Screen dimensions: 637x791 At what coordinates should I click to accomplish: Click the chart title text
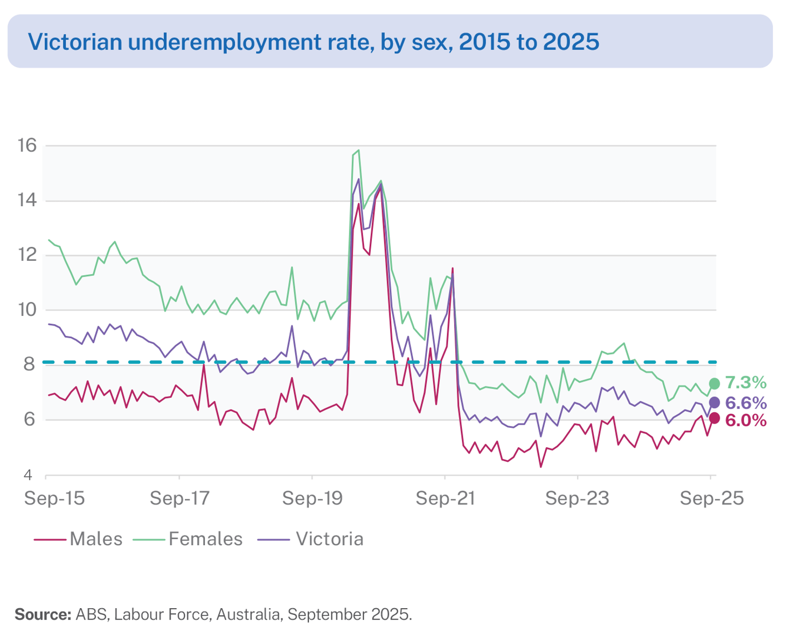(x=313, y=42)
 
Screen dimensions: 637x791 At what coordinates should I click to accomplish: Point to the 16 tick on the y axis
(x=27, y=146)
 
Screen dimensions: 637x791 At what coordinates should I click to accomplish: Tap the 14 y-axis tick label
(x=27, y=200)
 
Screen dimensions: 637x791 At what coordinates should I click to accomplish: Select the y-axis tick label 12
(x=27, y=255)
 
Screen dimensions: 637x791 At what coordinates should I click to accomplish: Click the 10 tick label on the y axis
(x=27, y=310)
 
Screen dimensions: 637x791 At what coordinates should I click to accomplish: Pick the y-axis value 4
(x=29, y=474)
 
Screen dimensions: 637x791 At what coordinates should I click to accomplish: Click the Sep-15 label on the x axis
(x=54, y=498)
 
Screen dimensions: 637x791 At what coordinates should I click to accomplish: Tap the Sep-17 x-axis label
(x=179, y=498)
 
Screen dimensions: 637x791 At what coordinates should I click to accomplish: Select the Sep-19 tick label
(x=312, y=498)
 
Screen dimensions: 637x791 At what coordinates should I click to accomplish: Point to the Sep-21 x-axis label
(x=445, y=498)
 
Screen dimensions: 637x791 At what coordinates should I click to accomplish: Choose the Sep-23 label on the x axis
(x=577, y=498)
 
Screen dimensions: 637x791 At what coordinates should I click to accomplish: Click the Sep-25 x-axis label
(x=711, y=498)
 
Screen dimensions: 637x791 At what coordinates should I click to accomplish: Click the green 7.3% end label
(x=746, y=383)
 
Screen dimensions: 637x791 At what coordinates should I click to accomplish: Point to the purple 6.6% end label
(x=746, y=403)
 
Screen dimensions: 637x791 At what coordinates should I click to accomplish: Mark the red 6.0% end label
(x=746, y=421)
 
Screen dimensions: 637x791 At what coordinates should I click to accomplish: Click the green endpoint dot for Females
(x=714, y=383)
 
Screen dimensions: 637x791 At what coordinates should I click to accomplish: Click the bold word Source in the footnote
(x=43, y=614)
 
